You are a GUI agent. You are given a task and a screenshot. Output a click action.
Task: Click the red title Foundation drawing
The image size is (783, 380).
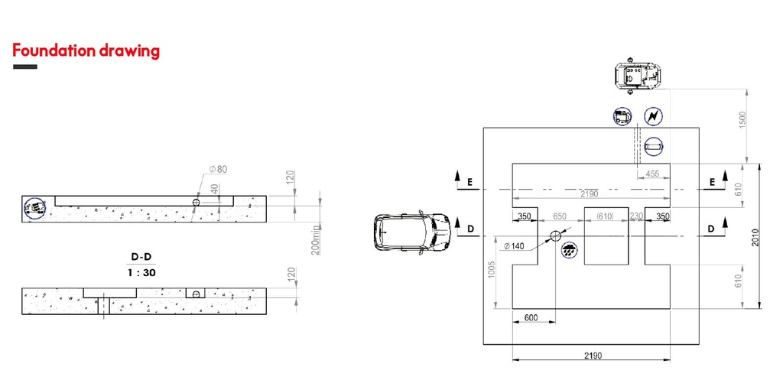pos(86,51)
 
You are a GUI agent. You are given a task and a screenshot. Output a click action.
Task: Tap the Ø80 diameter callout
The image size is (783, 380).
pos(218,169)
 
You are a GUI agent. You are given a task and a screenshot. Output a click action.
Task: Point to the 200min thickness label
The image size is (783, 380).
pos(316,240)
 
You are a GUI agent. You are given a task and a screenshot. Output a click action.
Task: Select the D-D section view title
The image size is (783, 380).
pos(141,257)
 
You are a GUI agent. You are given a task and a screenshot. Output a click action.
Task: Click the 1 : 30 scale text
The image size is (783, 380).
pos(141,273)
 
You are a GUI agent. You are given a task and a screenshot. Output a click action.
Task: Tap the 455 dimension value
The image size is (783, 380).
pos(652,174)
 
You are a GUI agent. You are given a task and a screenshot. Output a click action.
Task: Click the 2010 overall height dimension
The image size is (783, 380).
pos(755,238)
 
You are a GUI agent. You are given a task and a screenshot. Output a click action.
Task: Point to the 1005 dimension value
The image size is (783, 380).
pos(492,270)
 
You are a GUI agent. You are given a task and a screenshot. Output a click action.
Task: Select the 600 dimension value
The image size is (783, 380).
pos(531,317)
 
